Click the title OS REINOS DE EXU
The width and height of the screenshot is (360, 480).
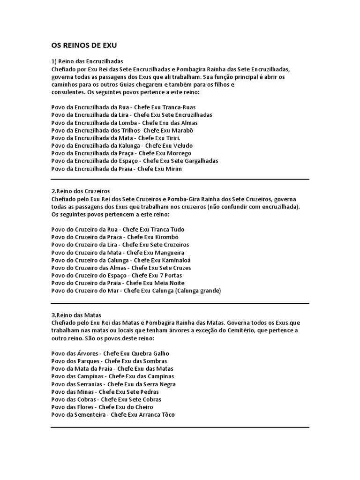pyautogui.click(x=84, y=46)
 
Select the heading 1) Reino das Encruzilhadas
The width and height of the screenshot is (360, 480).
pyautogui.click(x=87, y=61)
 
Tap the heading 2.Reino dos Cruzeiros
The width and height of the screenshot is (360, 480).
pyautogui.click(x=80, y=191)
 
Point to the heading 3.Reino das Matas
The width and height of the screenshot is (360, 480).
pyautogui.click(x=76, y=315)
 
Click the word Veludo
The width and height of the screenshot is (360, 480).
pyautogui.click(x=182, y=146)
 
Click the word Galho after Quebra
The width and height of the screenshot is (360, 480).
pyautogui.click(x=160, y=353)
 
